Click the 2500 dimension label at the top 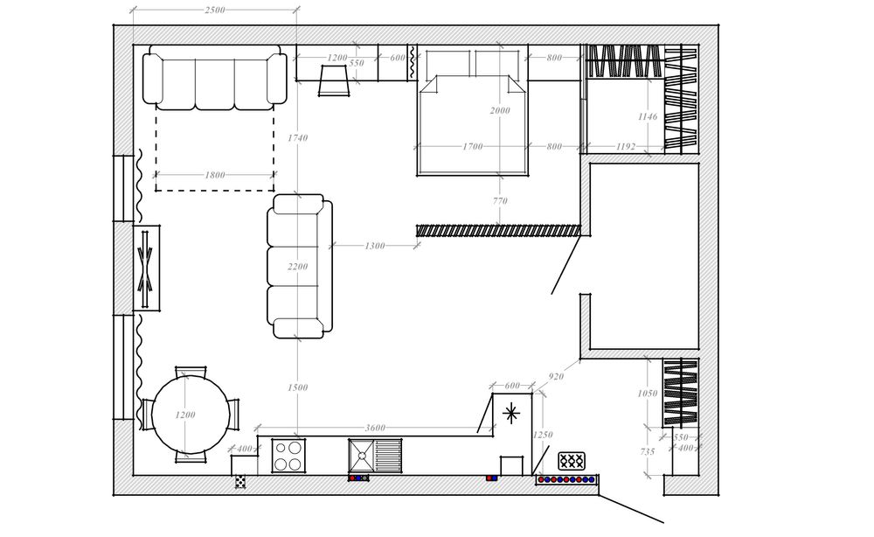[215, 10]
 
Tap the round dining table [191, 415]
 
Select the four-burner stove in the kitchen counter [288, 456]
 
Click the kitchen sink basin [362, 456]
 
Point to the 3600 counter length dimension [375, 428]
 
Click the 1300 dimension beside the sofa [375, 246]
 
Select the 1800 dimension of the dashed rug [215, 175]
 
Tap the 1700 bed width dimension [473, 147]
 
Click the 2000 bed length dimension [500, 110]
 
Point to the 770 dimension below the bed [500, 201]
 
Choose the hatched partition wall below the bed [498, 230]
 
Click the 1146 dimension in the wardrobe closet [648, 116]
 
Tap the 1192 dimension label [626, 147]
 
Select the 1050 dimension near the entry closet [647, 394]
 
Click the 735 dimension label [647, 451]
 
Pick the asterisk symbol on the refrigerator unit [510, 414]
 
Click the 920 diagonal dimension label [556, 376]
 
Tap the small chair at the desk [334, 80]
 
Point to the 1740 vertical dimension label [297, 137]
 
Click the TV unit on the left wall [146, 268]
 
